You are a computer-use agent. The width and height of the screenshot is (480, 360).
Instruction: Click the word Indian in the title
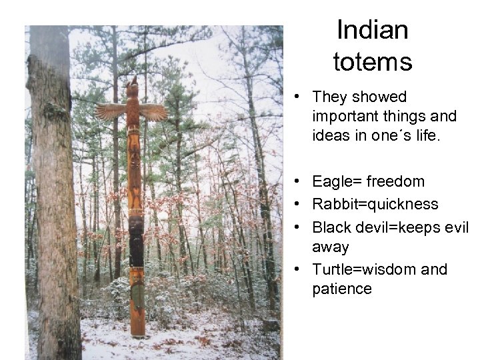point(373,30)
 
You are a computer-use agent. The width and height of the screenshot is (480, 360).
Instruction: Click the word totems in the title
point(373,63)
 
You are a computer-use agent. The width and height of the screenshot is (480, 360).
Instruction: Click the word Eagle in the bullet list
point(332,182)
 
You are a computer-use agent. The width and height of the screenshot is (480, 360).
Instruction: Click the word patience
point(341,289)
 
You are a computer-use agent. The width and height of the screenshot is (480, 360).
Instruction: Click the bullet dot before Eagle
point(303,182)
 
